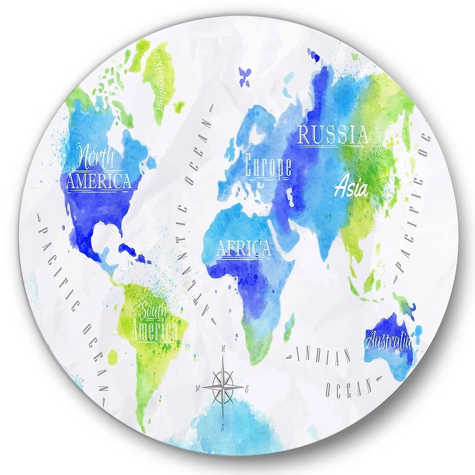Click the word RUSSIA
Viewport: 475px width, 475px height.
(x=332, y=135)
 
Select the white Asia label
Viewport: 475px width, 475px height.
(x=351, y=188)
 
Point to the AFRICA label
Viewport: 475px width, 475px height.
(x=243, y=248)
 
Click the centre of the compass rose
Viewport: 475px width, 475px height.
(x=223, y=387)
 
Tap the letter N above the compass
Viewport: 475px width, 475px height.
(x=223, y=349)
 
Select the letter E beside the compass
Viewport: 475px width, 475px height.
(x=248, y=389)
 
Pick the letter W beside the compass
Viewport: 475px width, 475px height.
(x=198, y=388)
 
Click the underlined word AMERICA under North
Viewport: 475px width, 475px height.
(x=99, y=180)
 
